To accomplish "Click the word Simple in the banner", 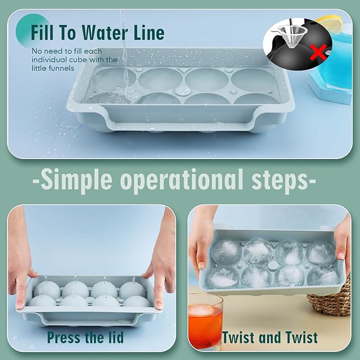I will pos(76,180).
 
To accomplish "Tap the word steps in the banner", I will pos(281,180).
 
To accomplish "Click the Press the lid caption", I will pos(85,337).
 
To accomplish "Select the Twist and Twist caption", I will pos(270,337).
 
